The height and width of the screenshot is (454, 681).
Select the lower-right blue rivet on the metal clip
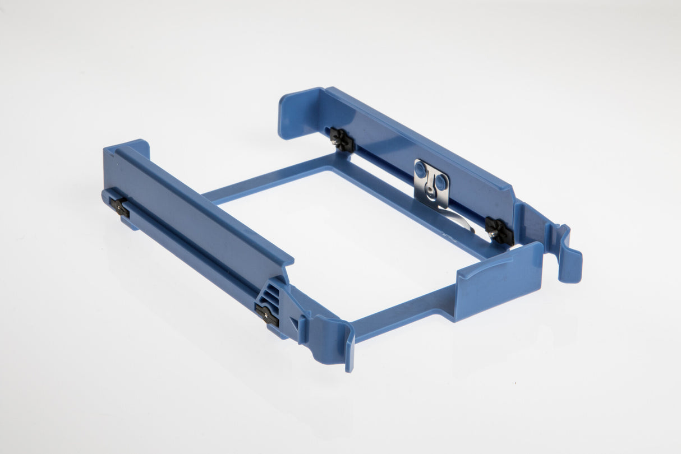pos(441,182)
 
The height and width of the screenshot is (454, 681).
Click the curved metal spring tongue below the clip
pos(457,219)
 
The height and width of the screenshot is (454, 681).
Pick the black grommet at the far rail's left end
pos(341,139)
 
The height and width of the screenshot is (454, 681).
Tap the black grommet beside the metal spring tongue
pos(499,230)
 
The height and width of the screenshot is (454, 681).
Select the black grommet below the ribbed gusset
pos(266,315)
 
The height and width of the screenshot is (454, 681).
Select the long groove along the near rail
pos(185,247)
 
